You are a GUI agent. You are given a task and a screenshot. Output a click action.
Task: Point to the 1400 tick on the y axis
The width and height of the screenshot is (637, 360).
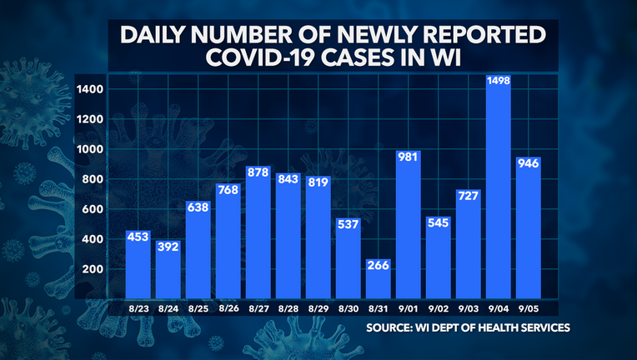[93, 89]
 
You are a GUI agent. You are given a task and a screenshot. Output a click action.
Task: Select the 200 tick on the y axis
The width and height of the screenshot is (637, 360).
[95, 269]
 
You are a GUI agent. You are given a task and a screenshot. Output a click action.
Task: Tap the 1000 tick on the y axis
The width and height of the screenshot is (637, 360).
[93, 149]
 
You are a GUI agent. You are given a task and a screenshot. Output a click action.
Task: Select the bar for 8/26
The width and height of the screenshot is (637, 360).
[228, 242]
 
